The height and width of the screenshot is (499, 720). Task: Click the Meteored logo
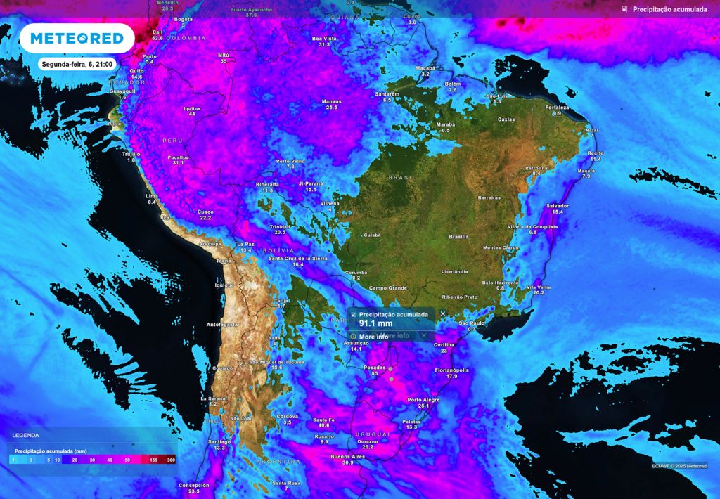[x=76, y=38]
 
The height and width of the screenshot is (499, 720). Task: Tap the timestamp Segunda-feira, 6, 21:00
[x=76, y=64]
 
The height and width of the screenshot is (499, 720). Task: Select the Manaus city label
[x=331, y=101]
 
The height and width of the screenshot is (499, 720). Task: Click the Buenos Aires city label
[x=347, y=457]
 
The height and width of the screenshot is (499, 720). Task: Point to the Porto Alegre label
[x=423, y=400]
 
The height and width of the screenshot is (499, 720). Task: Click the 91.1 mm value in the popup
[x=376, y=323]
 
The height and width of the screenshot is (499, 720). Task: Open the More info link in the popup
[x=373, y=337]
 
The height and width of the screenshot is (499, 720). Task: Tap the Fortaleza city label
[x=557, y=107]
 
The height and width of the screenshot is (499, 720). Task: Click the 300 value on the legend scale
[x=171, y=459]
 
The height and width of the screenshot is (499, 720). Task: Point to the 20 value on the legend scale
[x=74, y=459]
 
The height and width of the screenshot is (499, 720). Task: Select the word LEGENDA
[x=26, y=436]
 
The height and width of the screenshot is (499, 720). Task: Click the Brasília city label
[x=459, y=237]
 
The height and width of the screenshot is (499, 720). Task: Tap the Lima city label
[x=152, y=196]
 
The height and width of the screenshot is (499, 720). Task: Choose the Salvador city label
[x=558, y=206]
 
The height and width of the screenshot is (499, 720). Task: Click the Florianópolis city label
[x=451, y=370]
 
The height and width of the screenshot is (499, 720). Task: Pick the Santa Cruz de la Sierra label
[x=298, y=259]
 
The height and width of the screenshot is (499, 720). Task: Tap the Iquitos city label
[x=192, y=108]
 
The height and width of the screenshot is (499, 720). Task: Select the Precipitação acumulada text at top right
[x=669, y=9]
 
